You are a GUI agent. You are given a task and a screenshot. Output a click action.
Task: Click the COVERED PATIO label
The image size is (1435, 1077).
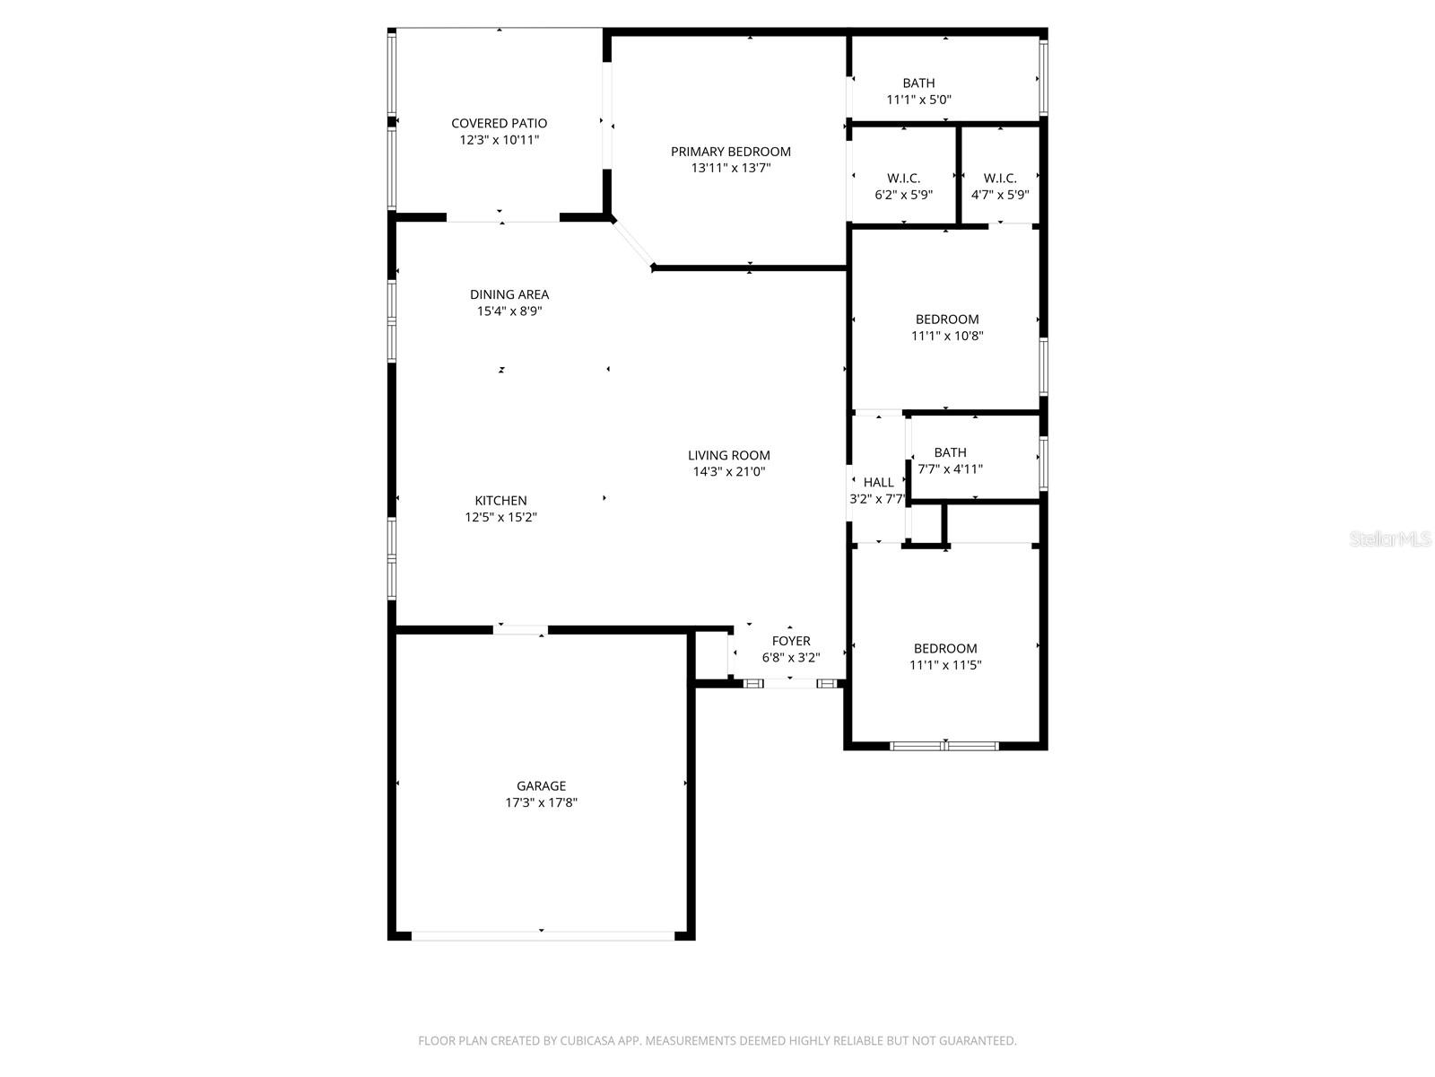pyautogui.click(x=499, y=123)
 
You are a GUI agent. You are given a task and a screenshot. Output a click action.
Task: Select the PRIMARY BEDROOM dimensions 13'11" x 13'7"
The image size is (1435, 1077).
pyautogui.click(x=731, y=168)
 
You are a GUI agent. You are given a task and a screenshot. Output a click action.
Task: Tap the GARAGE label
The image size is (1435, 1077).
pyautogui.click(x=541, y=786)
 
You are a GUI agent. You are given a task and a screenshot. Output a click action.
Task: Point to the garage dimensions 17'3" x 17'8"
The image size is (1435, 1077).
pyautogui.click(x=541, y=803)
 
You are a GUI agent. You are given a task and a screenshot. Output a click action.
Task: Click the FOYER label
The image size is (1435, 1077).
pyautogui.click(x=791, y=641)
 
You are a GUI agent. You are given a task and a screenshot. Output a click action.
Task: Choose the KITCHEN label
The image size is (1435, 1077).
pyautogui.click(x=500, y=501)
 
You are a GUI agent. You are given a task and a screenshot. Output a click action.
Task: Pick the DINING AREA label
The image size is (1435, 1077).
pyautogui.click(x=509, y=294)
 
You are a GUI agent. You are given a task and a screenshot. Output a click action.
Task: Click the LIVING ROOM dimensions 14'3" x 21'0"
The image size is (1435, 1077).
pyautogui.click(x=728, y=472)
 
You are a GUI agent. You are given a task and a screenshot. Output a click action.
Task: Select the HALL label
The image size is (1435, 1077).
pyautogui.click(x=878, y=483)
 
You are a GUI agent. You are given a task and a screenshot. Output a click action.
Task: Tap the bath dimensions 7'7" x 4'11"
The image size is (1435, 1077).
pyautogui.click(x=950, y=469)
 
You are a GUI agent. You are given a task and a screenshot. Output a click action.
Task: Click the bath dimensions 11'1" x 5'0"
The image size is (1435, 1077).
pyautogui.click(x=918, y=100)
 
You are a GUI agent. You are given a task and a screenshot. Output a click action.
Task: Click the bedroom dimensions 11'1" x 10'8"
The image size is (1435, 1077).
pyautogui.click(x=947, y=337)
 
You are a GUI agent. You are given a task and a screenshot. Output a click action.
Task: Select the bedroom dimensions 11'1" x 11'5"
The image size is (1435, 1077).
pyautogui.click(x=945, y=666)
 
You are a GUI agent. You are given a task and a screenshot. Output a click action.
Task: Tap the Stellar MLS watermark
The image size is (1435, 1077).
pyautogui.click(x=1390, y=539)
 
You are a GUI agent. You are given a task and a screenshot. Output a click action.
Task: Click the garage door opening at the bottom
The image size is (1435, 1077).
pyautogui.click(x=542, y=935)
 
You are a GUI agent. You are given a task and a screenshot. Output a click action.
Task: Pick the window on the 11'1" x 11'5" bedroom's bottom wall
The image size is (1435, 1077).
pyautogui.click(x=944, y=746)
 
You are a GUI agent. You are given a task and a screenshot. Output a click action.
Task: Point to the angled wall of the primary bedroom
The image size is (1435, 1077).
pyautogui.click(x=632, y=244)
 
